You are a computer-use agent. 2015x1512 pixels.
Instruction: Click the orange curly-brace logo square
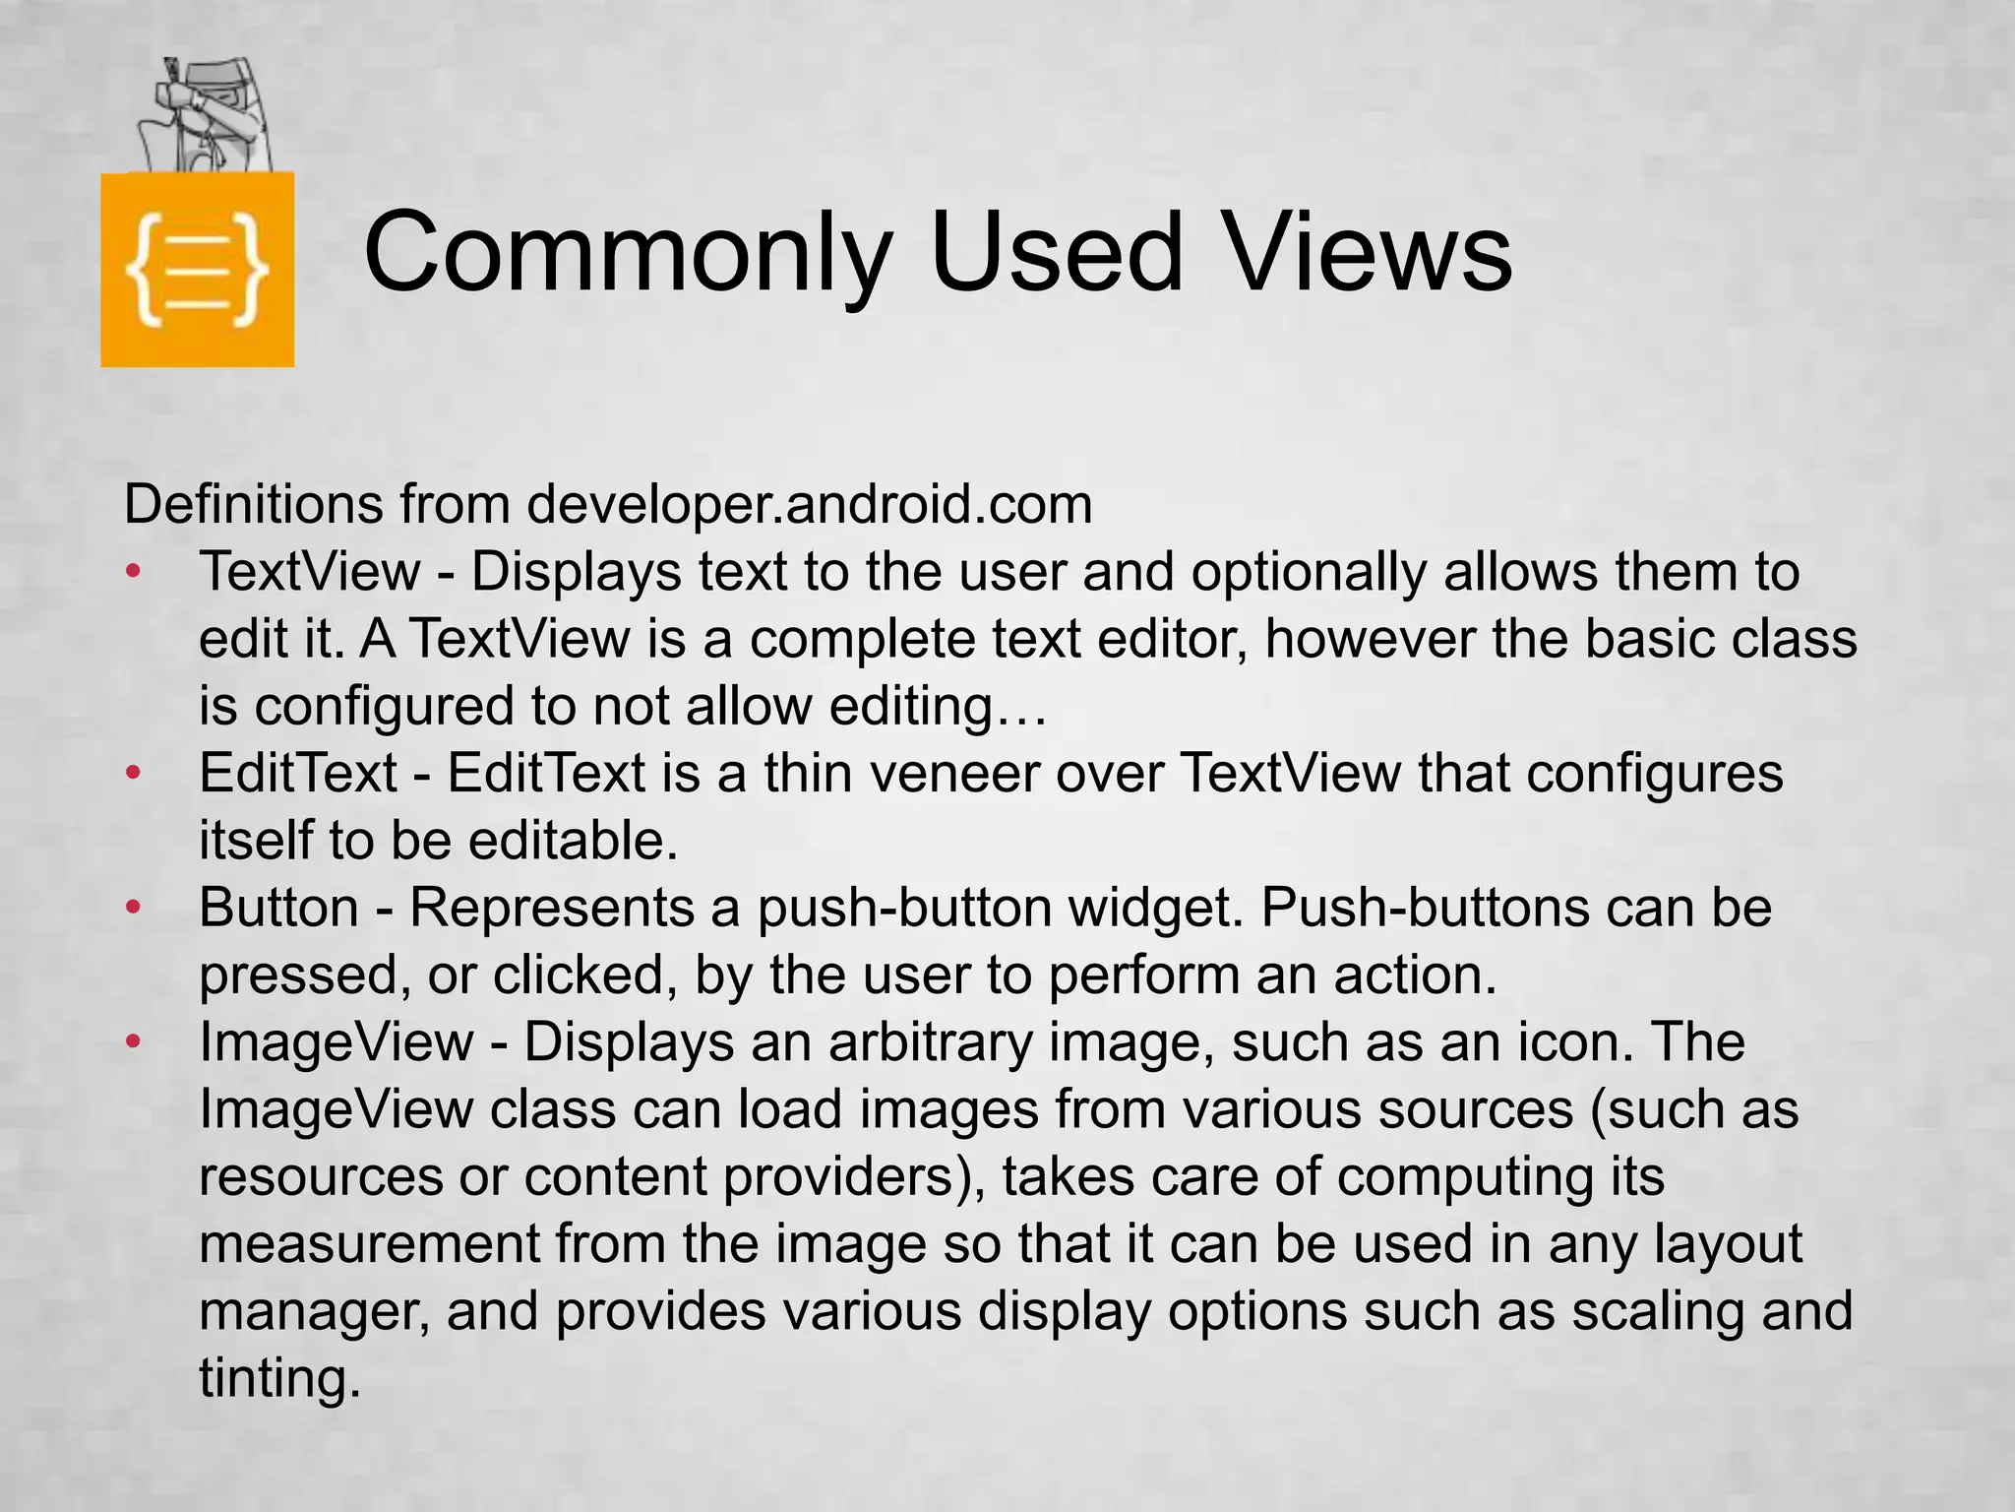(197, 269)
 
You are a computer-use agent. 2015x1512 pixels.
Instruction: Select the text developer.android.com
(809, 504)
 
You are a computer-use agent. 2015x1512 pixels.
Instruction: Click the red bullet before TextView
(135, 572)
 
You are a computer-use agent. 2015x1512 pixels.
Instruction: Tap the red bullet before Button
(135, 907)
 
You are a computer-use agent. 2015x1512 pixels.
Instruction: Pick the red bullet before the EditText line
(135, 774)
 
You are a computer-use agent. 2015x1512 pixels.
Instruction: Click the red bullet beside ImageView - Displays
(135, 1041)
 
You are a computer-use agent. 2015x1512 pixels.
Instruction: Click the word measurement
(369, 1244)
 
